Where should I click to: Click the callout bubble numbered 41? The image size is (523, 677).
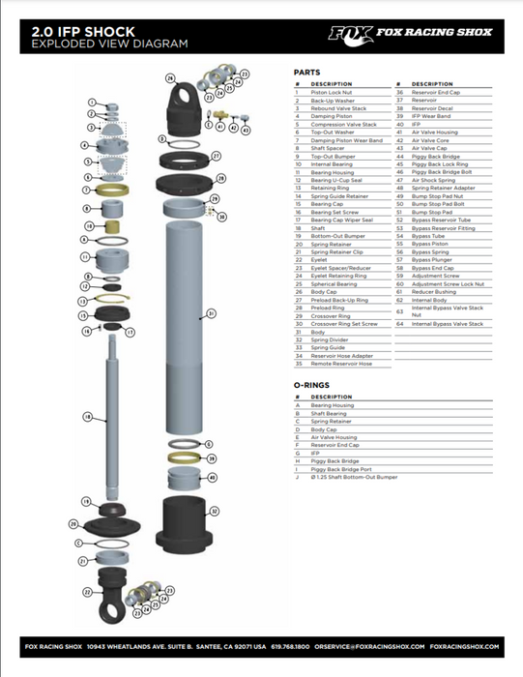[220, 126]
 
